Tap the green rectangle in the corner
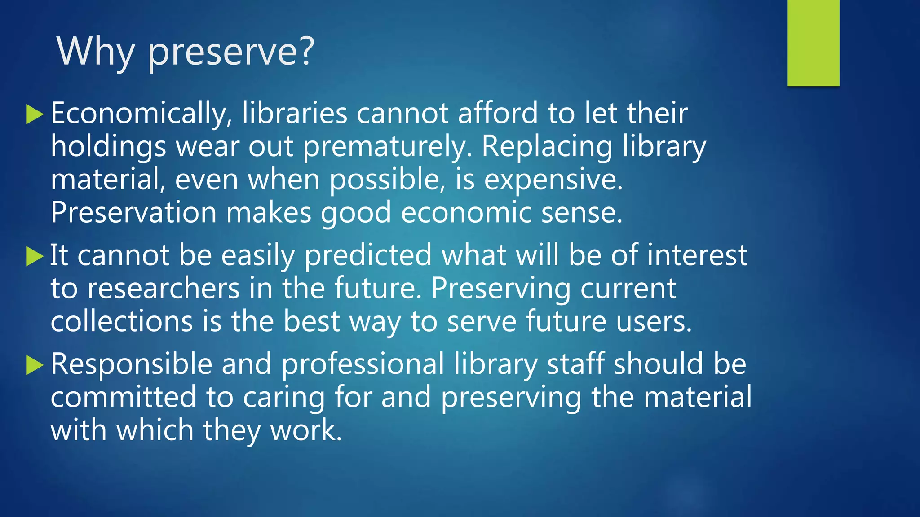click(x=813, y=43)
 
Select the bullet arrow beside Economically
click(x=35, y=114)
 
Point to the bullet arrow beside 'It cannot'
click(x=35, y=256)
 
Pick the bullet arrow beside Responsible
click(x=35, y=365)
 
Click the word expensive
click(x=553, y=180)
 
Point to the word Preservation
click(x=133, y=212)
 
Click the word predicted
click(x=368, y=255)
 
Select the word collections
click(x=122, y=321)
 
